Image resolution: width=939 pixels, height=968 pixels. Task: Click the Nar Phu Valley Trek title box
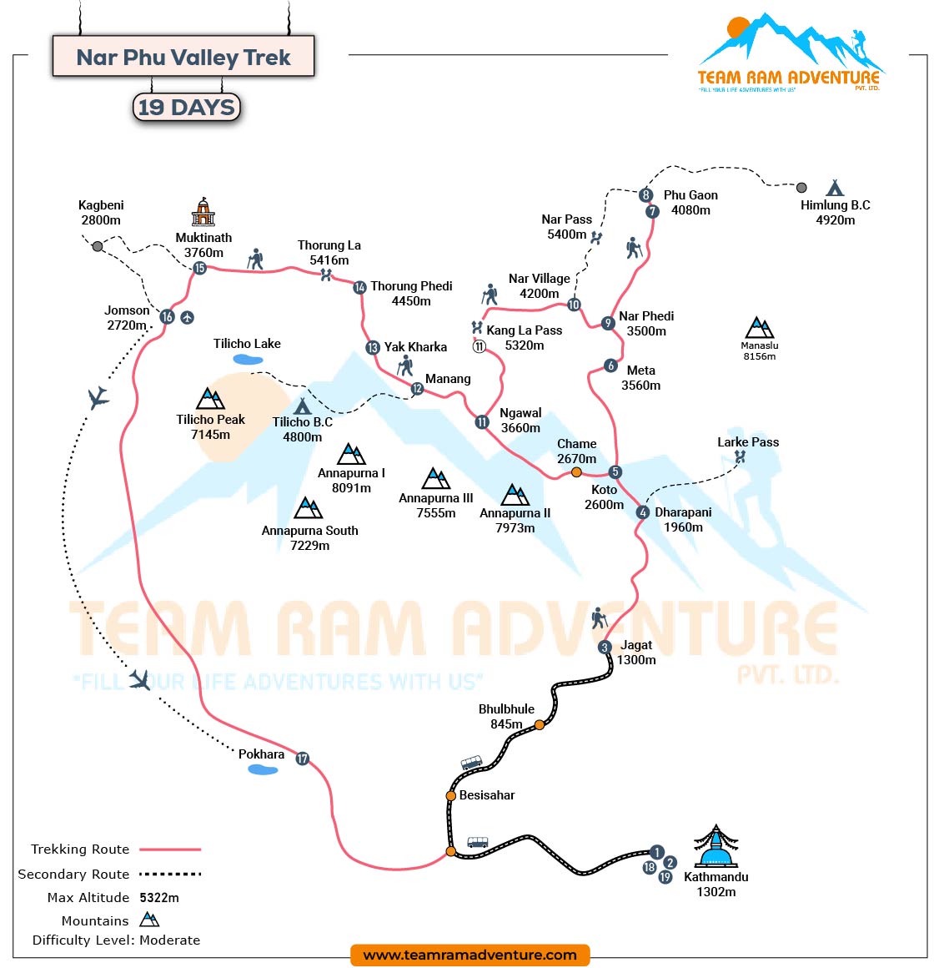(183, 57)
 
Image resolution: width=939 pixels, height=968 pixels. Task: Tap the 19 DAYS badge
(186, 108)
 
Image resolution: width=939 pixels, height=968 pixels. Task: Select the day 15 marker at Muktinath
(199, 268)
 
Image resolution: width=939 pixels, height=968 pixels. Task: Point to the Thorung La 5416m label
(329, 252)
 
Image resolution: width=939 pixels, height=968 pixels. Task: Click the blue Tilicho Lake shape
(248, 360)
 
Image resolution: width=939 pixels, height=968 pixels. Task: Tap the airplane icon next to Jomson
(187, 317)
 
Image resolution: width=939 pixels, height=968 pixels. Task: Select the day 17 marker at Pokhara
(303, 759)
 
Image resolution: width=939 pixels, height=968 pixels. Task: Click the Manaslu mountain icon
(759, 327)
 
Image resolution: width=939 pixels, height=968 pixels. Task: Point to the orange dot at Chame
(576, 472)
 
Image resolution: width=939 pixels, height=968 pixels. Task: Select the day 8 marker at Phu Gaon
(645, 195)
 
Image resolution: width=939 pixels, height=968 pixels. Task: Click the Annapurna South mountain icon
(309, 507)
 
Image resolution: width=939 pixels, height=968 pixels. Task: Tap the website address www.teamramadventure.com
(470, 955)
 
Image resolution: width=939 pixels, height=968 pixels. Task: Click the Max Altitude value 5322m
(159, 898)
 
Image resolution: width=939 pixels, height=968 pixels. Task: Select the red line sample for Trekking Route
(170, 850)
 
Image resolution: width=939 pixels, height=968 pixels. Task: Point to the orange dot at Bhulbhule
(540, 724)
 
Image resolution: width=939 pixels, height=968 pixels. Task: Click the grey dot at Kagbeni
(98, 246)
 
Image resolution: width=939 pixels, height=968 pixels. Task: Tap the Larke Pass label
(748, 442)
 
